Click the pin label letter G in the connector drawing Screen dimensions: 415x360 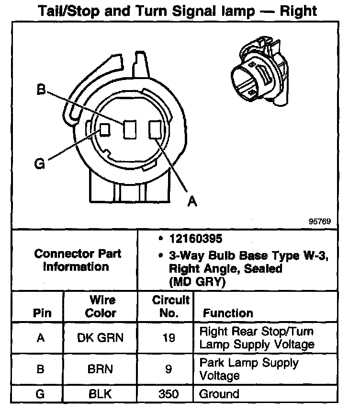point(40,164)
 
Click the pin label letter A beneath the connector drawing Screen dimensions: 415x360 point(192,201)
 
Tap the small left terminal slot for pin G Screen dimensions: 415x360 point(104,129)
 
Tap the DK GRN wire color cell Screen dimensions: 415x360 point(100,338)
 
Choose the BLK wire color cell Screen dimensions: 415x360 point(100,395)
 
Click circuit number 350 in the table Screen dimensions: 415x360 point(168,395)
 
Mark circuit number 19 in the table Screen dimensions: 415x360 point(169,338)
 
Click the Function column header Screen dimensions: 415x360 point(228,313)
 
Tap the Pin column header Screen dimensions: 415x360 point(42,313)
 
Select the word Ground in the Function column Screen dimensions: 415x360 point(219,395)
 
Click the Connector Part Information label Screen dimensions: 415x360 point(78,260)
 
